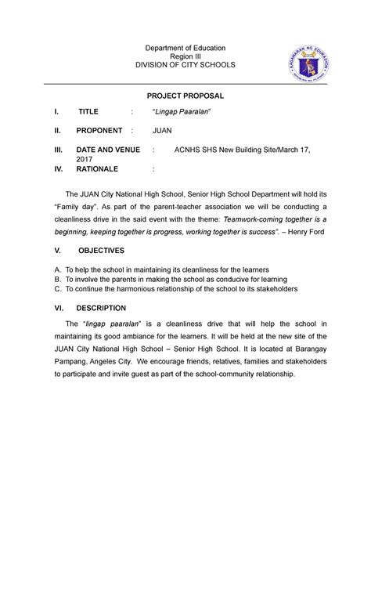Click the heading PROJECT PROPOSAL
click(x=187, y=95)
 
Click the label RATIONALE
click(x=97, y=168)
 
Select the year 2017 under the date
click(x=84, y=158)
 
